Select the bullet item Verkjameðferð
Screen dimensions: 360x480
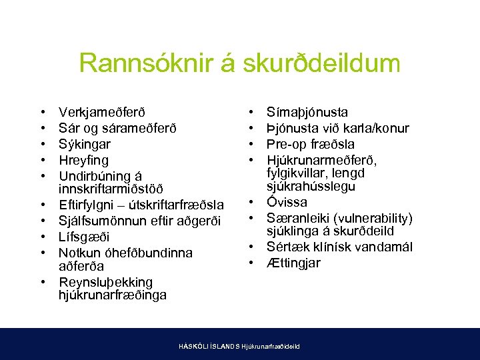pyautogui.click(x=101, y=112)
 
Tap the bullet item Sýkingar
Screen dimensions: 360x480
pyautogui.click(x=85, y=144)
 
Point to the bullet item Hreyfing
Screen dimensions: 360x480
pyautogui.click(x=83, y=160)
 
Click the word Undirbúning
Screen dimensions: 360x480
pyautogui.click(x=95, y=176)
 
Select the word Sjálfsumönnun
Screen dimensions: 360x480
pyautogui.click(x=99, y=221)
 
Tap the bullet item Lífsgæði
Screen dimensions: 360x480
pyautogui.click(x=83, y=237)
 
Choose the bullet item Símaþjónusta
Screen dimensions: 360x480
pyautogui.click(x=307, y=112)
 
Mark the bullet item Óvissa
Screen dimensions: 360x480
pyautogui.click(x=287, y=202)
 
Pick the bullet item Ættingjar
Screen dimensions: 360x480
pyautogui.click(x=293, y=263)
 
